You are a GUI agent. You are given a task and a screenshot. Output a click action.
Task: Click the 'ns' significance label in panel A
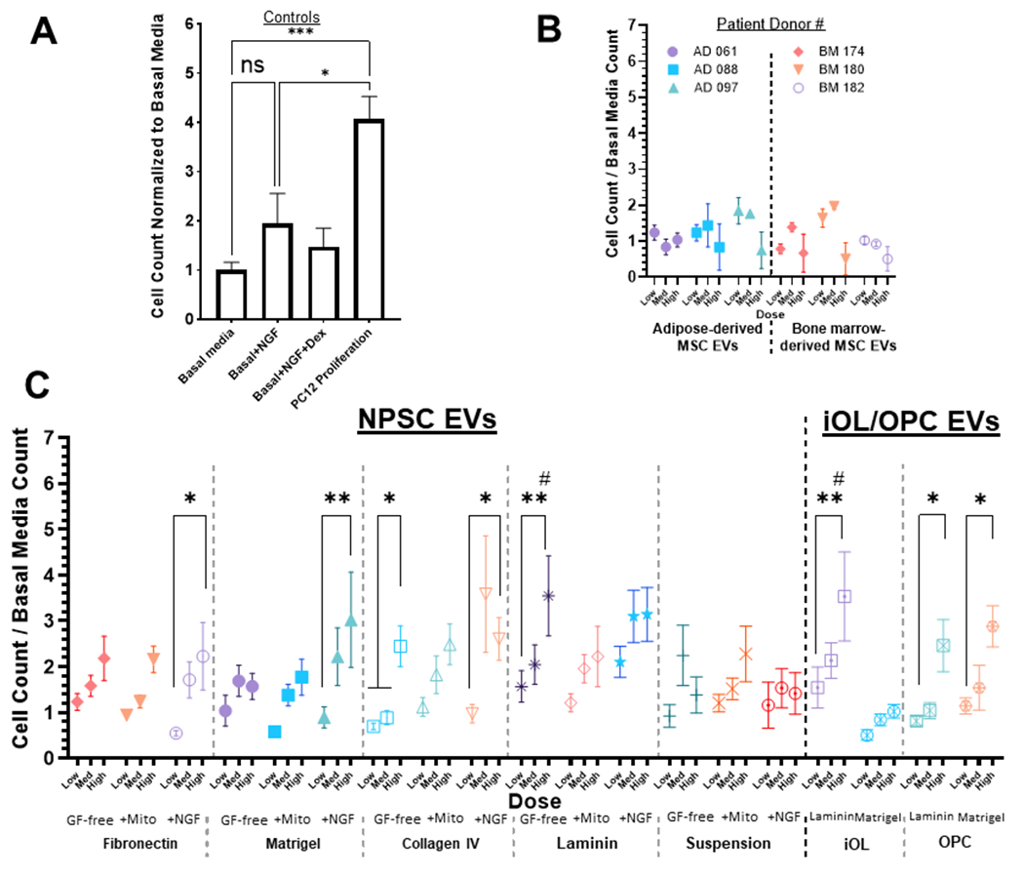254,65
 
